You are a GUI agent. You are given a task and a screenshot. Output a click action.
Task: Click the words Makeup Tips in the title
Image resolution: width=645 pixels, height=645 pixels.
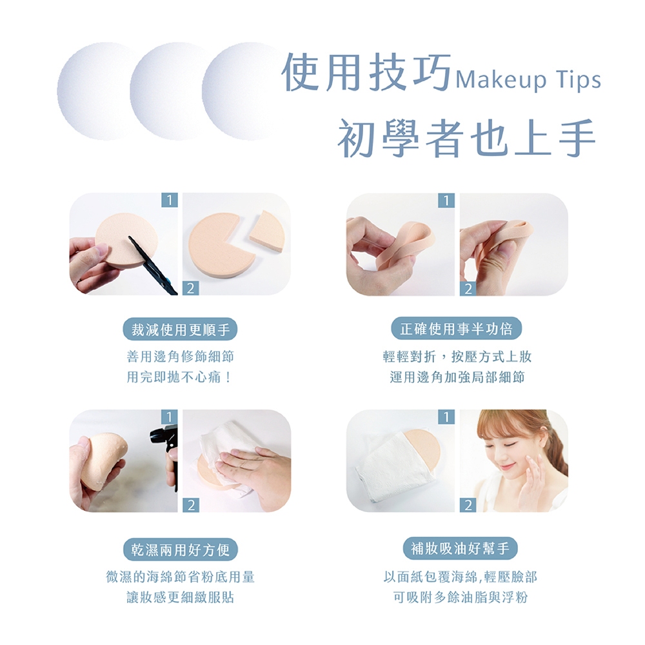(528, 80)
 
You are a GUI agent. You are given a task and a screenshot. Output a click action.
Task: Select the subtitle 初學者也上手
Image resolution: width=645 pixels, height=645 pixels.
(467, 138)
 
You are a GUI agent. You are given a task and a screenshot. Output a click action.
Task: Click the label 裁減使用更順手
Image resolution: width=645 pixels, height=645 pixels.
(180, 330)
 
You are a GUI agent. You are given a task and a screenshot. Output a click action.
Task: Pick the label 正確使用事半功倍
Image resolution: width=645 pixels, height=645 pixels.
(457, 329)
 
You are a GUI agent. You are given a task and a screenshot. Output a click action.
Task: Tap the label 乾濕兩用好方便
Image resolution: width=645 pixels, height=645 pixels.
(181, 550)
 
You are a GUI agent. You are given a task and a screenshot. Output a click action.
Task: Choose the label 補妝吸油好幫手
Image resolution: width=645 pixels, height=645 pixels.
(460, 548)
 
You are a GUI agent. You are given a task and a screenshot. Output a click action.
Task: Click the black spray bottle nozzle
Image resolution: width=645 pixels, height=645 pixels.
(164, 438)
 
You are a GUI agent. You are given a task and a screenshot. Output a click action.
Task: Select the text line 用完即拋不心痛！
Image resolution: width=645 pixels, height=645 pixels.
(180, 377)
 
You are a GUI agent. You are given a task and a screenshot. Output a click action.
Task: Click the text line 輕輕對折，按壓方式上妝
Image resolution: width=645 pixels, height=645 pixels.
(457, 357)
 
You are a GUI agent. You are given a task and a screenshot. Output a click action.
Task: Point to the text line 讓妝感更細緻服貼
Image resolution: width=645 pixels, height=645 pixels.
(180, 597)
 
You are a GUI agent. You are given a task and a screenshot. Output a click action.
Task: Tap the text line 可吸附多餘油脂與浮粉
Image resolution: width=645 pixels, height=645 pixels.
(461, 597)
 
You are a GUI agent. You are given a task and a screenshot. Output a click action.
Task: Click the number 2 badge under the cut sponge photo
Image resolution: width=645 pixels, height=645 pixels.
(190, 288)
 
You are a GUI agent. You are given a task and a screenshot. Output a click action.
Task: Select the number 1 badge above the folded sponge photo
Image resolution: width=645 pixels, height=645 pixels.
(446, 201)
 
